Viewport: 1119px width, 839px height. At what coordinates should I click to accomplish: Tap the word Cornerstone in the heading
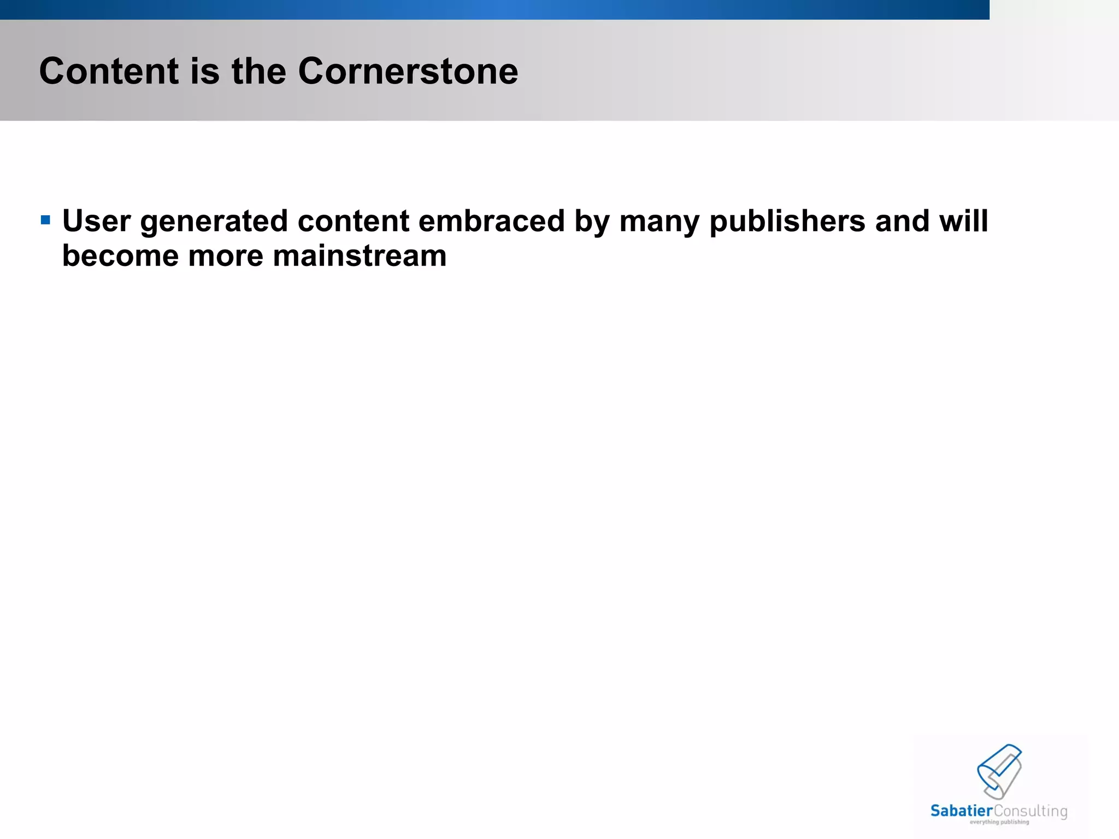(408, 72)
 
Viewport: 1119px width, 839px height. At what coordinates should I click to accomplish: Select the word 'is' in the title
(205, 72)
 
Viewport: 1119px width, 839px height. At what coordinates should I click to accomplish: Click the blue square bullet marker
(46, 221)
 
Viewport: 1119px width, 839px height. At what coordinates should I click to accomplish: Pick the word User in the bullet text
(97, 221)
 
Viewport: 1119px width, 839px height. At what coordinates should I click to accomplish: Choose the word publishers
(787, 221)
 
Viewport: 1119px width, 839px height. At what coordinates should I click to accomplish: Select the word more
(226, 256)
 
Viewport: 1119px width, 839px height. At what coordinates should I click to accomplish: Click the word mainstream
(360, 256)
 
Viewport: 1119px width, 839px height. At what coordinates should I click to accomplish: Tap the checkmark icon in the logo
(999, 771)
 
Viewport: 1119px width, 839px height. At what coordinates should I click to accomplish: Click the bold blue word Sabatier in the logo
(962, 811)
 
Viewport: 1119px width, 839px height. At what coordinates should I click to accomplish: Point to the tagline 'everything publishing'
(999, 822)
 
